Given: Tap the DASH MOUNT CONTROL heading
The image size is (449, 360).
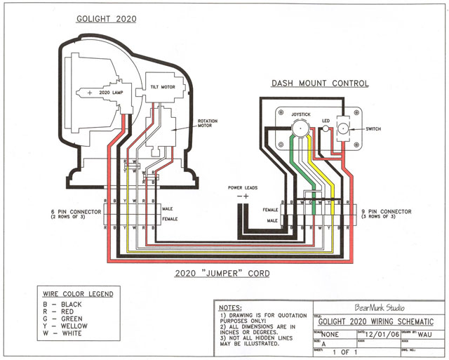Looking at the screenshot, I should [319, 84].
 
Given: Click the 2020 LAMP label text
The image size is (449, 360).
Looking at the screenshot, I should [112, 92].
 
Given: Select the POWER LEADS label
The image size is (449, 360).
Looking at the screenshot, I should [243, 189].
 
